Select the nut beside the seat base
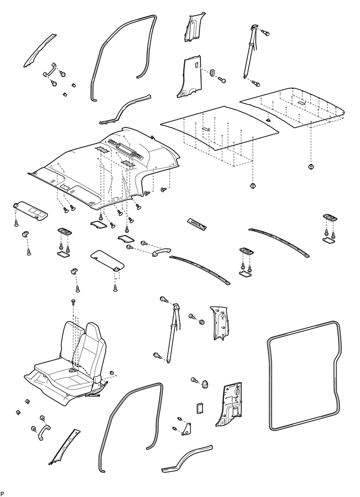click(112, 373)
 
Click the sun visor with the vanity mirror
click(31, 210)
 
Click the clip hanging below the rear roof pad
click(311, 166)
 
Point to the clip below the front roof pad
click(252, 186)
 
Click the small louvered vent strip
click(197, 223)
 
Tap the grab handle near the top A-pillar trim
click(49, 70)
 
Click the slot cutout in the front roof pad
click(206, 129)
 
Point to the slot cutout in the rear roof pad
click(301, 103)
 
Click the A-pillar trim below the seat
click(65, 447)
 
